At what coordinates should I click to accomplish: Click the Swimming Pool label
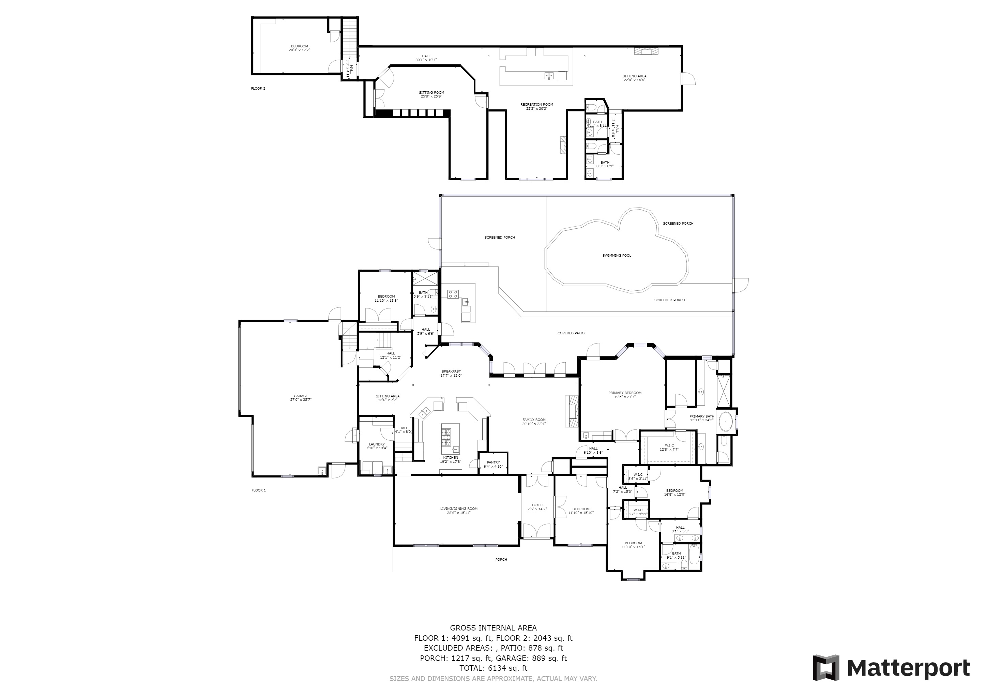click(x=617, y=256)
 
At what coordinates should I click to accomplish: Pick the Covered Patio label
click(x=571, y=333)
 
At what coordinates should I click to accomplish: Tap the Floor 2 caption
click(x=258, y=89)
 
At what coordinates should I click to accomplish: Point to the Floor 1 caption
click(x=259, y=490)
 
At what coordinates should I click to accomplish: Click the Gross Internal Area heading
click(x=493, y=628)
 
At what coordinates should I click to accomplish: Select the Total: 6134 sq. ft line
click(x=493, y=668)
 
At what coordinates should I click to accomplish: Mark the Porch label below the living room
click(x=501, y=560)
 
